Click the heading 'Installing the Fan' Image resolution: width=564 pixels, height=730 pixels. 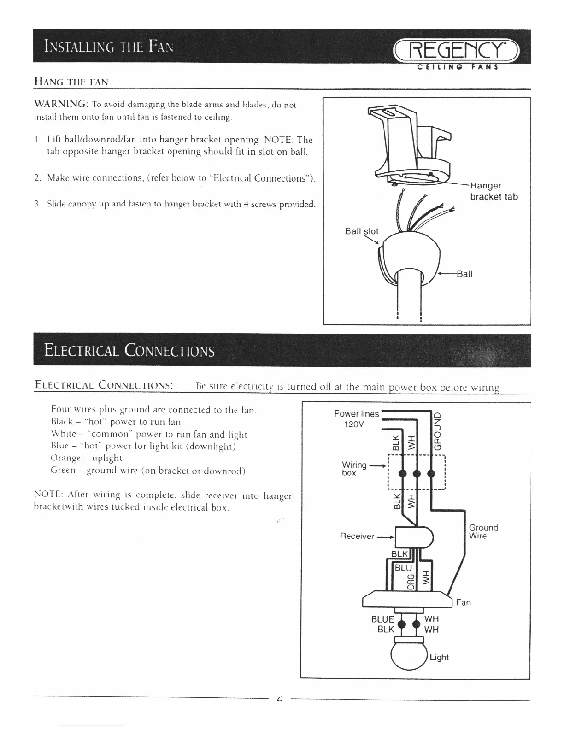109,47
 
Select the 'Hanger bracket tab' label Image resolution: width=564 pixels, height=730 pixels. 493,191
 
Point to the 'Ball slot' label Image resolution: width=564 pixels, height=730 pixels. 361,231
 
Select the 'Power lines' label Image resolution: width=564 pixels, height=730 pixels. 356,413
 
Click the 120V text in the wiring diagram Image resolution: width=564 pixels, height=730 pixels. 355,424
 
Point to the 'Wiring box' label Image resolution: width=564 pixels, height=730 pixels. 354,468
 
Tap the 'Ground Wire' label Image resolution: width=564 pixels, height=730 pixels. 483,531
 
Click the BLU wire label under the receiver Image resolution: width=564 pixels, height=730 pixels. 404,568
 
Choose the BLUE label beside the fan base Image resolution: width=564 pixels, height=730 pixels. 382,619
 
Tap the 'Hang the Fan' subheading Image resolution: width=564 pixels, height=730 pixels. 71,82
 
